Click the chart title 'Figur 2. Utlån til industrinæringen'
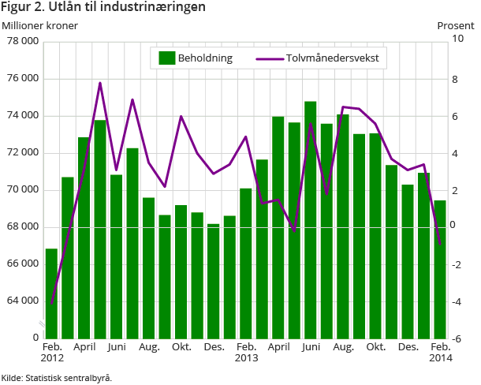[104, 8]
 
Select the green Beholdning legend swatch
[166, 58]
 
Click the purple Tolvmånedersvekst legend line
[270, 58]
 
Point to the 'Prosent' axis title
[456, 25]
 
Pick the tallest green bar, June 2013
[311, 221]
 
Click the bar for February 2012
[51, 293]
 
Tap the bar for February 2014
[440, 270]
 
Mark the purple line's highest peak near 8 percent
[100, 83]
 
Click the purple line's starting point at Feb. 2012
[51, 303]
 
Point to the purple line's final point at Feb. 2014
[440, 245]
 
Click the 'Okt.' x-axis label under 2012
[181, 347]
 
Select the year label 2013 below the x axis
[246, 358]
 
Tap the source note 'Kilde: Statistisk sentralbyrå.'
[57, 378]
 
